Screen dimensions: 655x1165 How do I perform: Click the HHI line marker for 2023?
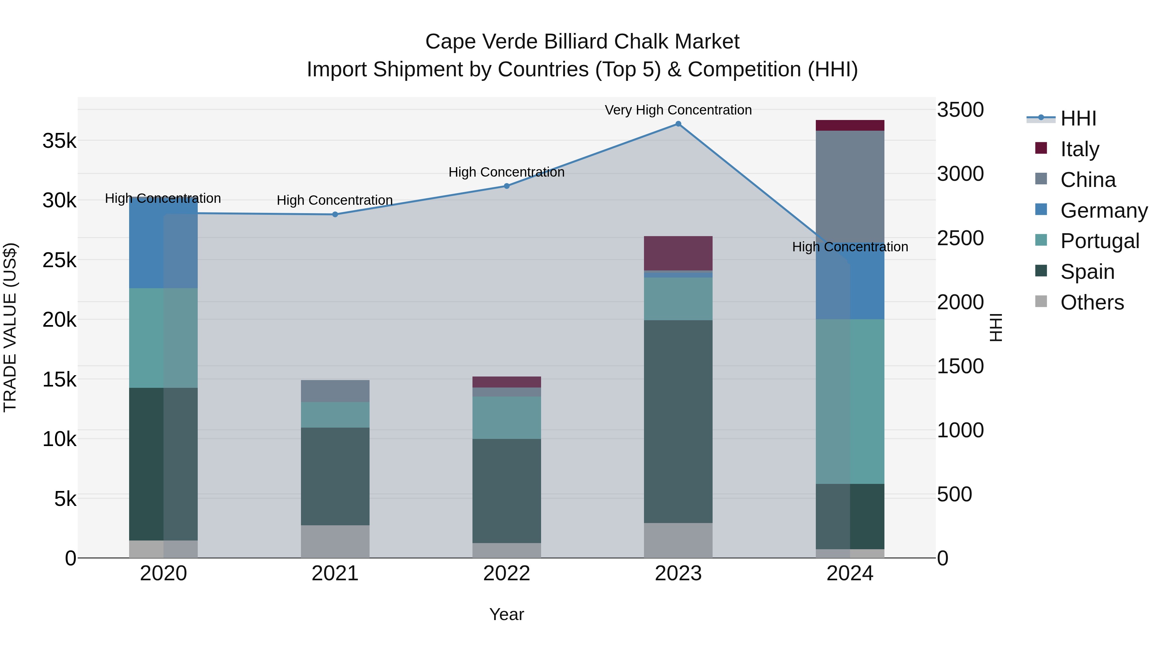click(678, 124)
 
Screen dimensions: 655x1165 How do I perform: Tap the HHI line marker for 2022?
click(506, 186)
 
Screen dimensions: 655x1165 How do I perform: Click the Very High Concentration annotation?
click(678, 110)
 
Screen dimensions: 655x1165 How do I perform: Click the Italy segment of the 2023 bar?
click(678, 253)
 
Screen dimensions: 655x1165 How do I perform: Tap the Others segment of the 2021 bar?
click(335, 541)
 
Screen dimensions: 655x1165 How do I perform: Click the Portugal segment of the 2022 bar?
click(506, 417)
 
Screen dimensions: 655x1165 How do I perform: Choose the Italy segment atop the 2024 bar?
click(850, 125)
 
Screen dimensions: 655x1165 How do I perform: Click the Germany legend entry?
click(1104, 211)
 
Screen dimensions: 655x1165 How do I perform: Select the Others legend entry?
click(1092, 302)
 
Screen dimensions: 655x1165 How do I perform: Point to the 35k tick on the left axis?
click(59, 141)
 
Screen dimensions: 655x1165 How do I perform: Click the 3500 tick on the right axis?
click(960, 110)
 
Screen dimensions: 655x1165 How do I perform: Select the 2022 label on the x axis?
click(506, 573)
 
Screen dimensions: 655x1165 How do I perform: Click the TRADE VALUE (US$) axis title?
click(10, 327)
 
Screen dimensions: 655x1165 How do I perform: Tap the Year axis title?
click(506, 614)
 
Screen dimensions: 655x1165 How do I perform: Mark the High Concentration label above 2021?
click(335, 200)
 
